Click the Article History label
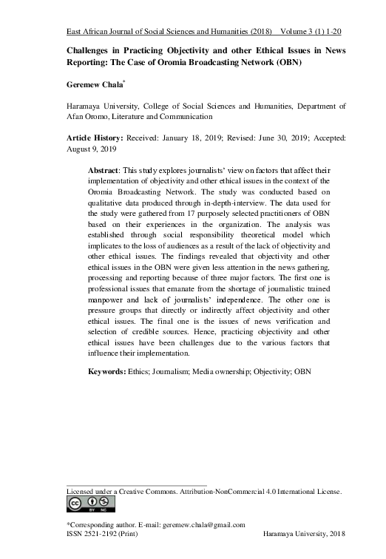[92, 138]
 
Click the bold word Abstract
[106, 171]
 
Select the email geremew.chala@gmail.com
[203, 524]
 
